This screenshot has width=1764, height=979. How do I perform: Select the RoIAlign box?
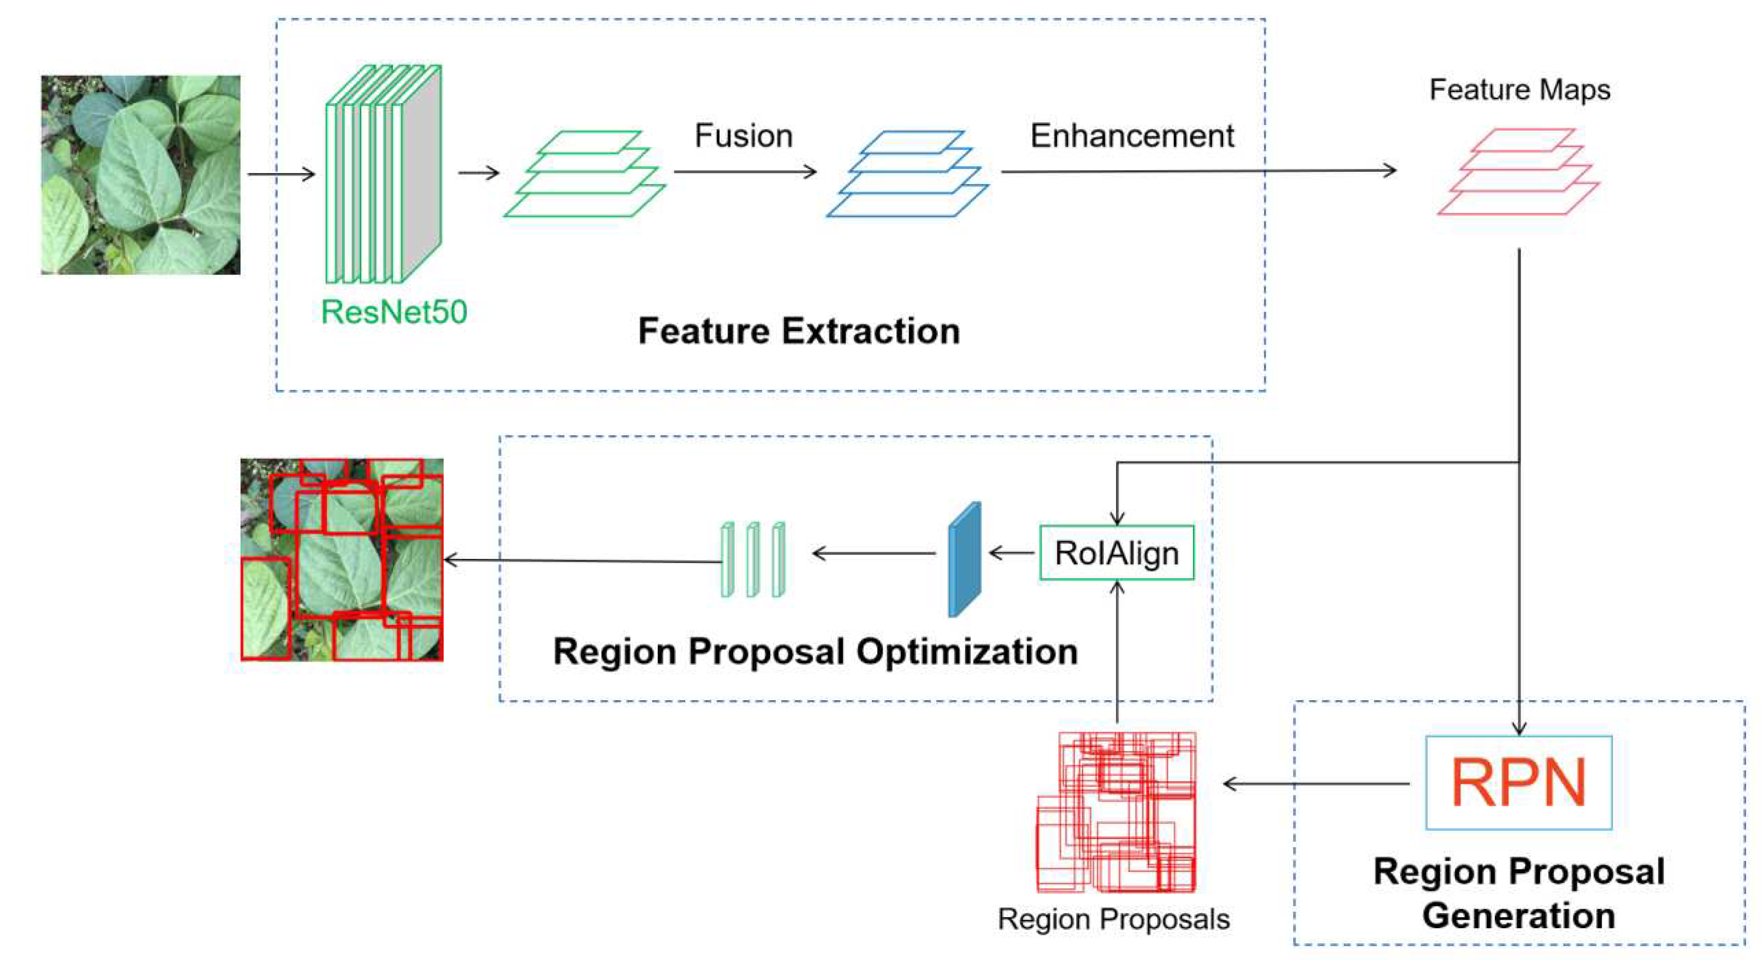coord(1116,552)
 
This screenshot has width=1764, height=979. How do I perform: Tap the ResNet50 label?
coord(394,312)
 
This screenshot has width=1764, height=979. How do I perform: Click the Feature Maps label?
coord(1519,90)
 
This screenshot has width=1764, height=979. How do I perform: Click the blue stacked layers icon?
coord(907,174)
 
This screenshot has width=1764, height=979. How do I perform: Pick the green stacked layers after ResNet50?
coord(585,174)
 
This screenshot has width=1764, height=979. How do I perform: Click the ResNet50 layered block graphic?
coord(383,174)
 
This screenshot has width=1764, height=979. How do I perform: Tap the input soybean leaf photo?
coord(140,175)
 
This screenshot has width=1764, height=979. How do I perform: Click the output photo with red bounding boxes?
coord(342,559)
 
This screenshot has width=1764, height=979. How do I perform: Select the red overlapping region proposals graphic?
coord(1116,812)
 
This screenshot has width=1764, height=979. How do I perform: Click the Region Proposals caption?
coord(1113,919)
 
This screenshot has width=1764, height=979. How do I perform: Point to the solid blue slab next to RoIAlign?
coord(964,559)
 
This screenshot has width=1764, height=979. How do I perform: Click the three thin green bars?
coord(753,559)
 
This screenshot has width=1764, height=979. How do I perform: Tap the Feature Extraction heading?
coord(798,332)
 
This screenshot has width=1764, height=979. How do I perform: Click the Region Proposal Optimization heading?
coord(815,651)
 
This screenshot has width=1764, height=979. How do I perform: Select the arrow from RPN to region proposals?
coord(1315,783)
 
